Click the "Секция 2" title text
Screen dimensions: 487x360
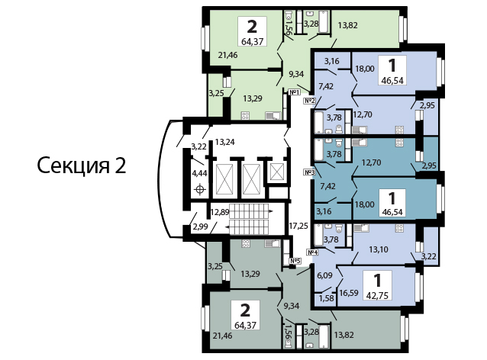[x=82, y=166]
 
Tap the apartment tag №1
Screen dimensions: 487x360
[x=294, y=92]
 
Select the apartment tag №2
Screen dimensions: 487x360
[x=309, y=101]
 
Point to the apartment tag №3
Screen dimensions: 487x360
[x=309, y=172]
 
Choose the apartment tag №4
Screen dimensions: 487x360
[x=312, y=252]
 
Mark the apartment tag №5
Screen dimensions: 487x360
[x=295, y=261]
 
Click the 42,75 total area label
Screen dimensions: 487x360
[x=377, y=295]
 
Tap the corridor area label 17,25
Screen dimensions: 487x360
[x=298, y=226]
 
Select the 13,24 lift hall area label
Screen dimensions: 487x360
[x=225, y=142]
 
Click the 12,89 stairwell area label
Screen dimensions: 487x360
[x=220, y=213]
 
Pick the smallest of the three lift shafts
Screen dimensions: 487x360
[x=276, y=172]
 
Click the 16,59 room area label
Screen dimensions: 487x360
[x=349, y=293]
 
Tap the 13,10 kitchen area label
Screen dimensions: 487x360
[x=379, y=249]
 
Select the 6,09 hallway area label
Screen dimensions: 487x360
[x=325, y=275]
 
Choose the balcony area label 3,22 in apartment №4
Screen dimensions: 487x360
[x=429, y=257]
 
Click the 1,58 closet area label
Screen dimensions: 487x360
[x=326, y=298]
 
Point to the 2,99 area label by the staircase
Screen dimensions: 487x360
[x=200, y=227]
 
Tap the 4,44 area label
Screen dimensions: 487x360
[x=200, y=173]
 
